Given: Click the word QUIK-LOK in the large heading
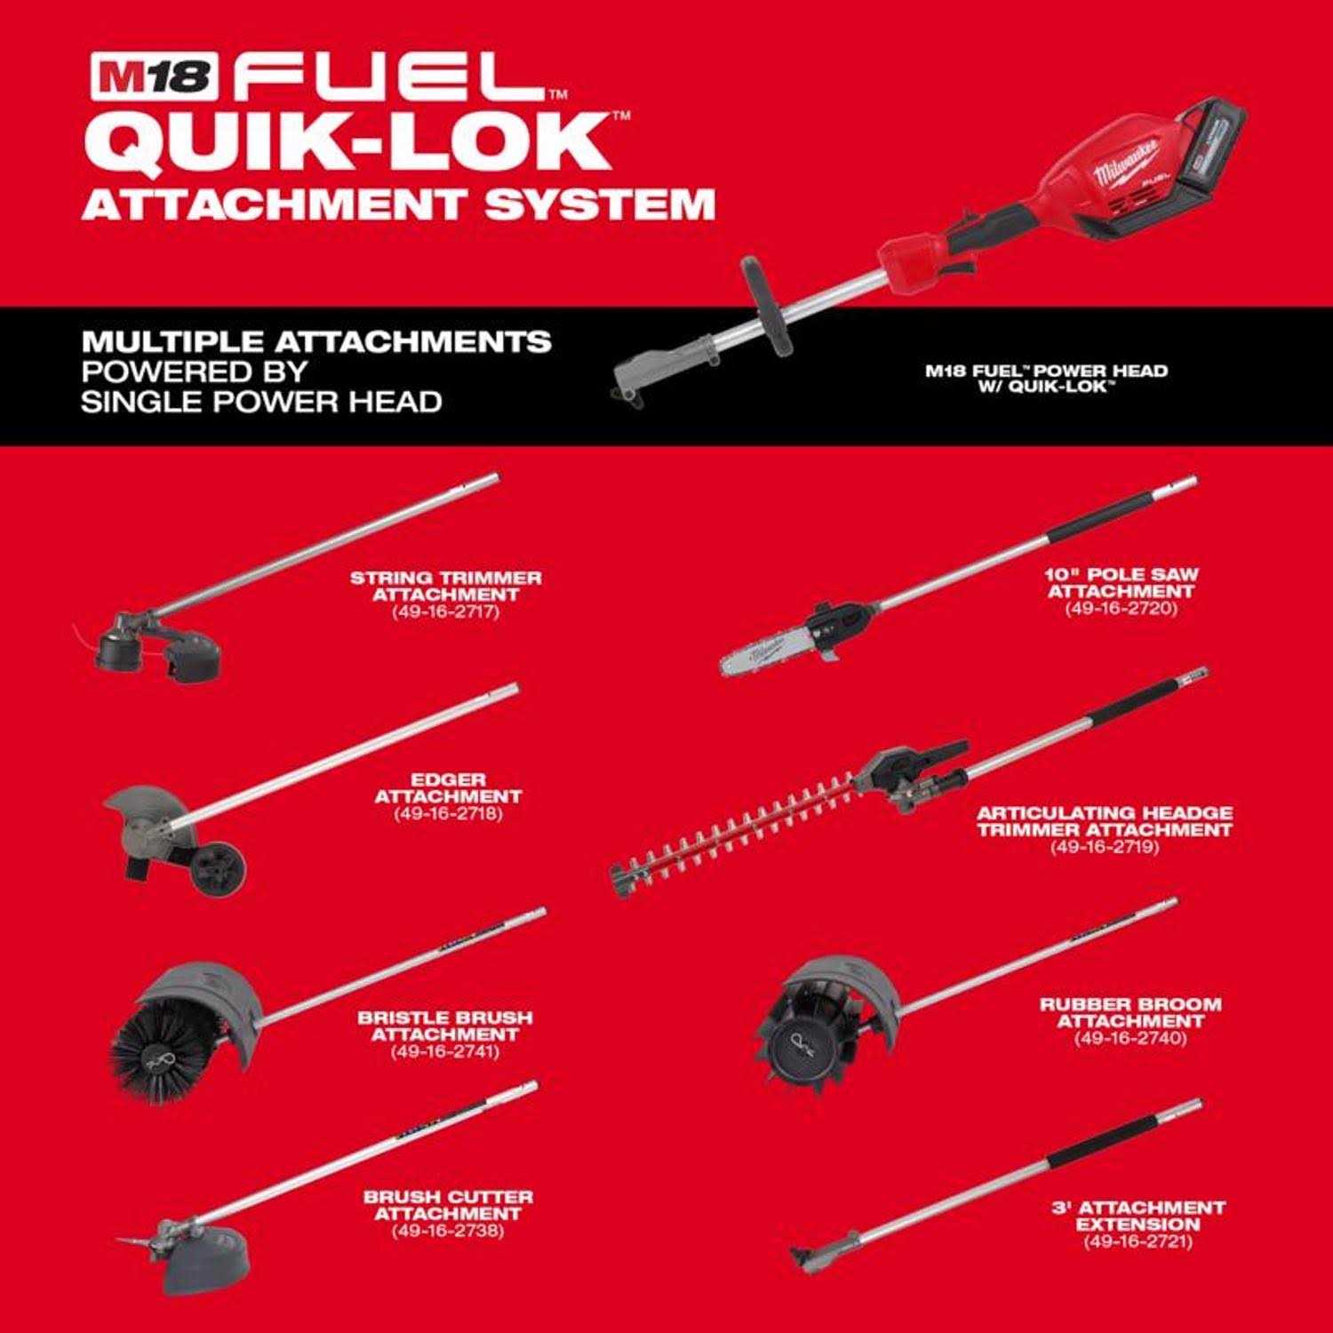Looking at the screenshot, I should [355, 141].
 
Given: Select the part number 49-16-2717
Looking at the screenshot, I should [445, 611].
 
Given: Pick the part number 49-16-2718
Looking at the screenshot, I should [447, 813].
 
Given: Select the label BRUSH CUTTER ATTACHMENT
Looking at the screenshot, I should [447, 1205].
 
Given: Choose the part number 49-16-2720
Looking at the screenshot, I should [1121, 608].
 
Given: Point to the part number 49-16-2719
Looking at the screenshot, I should [1105, 846].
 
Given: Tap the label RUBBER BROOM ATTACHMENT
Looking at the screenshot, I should [1130, 1013].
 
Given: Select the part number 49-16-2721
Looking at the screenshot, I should [1137, 1241].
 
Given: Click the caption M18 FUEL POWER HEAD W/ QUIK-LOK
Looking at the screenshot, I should [1046, 378].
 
